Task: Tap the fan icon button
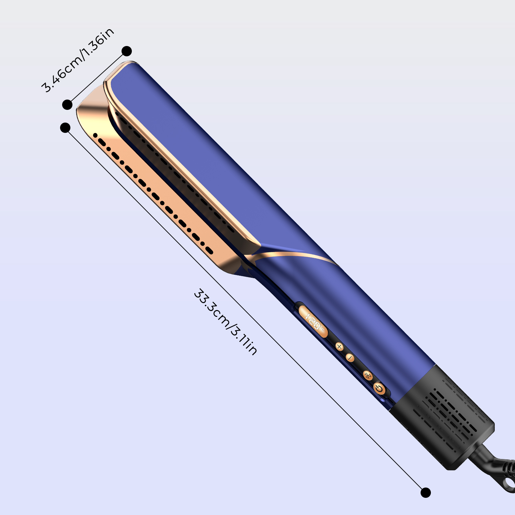(368, 375)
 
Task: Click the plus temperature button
(339, 346)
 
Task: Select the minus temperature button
(350, 358)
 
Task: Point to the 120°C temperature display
(313, 322)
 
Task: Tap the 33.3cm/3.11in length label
(225, 322)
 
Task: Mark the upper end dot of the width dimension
(127, 51)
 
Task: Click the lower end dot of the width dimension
(67, 105)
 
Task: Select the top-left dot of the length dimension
(65, 128)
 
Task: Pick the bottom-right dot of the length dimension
(425, 492)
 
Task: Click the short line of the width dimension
(97, 78)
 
